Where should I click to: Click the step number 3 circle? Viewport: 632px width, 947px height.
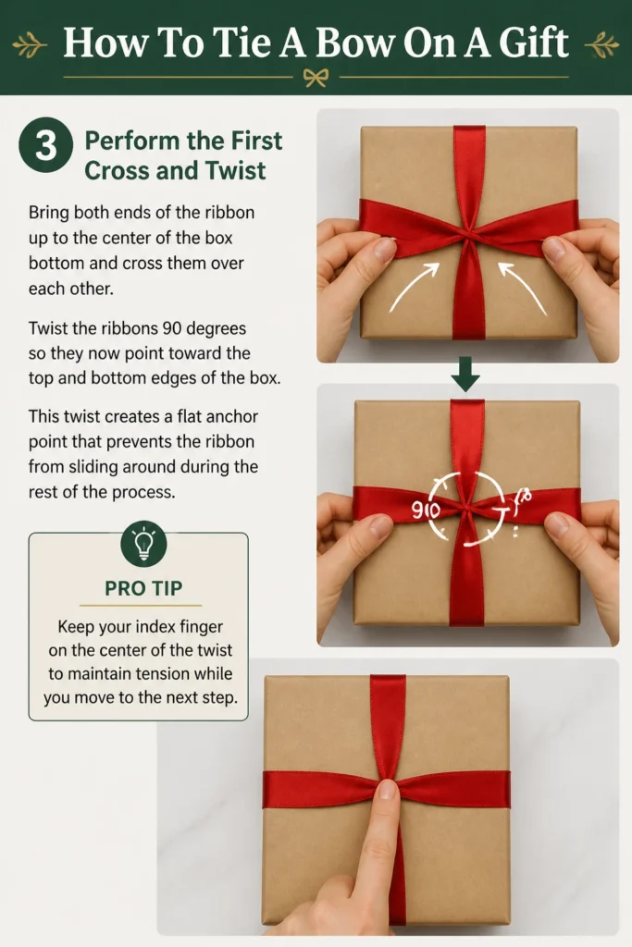pyautogui.click(x=46, y=145)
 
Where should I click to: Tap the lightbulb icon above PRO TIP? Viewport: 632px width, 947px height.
pyautogui.click(x=143, y=544)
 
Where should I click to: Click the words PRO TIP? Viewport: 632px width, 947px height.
pyautogui.click(x=143, y=587)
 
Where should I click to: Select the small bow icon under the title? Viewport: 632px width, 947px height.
pyautogui.click(x=316, y=78)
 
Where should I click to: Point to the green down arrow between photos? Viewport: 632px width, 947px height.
pyautogui.click(x=465, y=374)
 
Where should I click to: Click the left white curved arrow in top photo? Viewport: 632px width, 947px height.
pyautogui.click(x=415, y=287)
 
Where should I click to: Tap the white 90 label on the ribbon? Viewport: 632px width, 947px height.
pyautogui.click(x=426, y=510)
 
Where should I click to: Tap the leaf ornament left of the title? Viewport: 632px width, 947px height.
pyautogui.click(x=30, y=45)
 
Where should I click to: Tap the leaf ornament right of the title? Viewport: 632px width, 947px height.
pyautogui.click(x=601, y=45)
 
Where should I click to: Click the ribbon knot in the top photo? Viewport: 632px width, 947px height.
pyautogui.click(x=468, y=233)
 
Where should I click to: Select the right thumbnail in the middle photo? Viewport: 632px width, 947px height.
pyautogui.click(x=556, y=524)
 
